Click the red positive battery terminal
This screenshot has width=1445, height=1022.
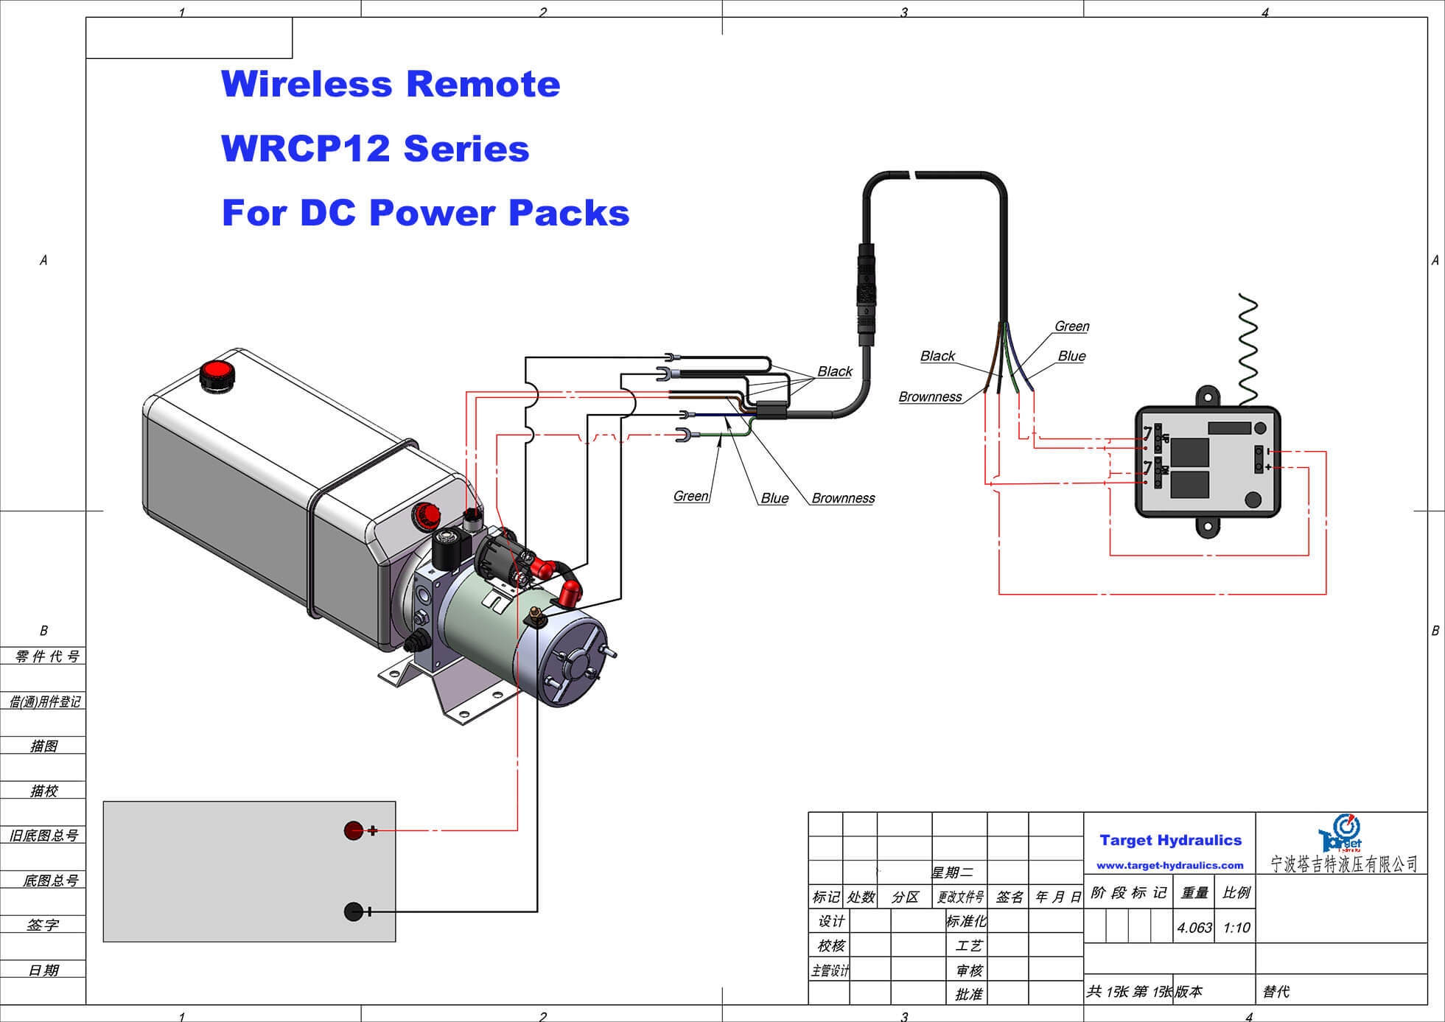[x=354, y=830]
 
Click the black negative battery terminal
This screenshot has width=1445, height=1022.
[x=354, y=911]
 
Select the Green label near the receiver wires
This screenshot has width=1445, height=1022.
[x=1071, y=326]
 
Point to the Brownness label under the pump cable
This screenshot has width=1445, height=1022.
[x=843, y=498]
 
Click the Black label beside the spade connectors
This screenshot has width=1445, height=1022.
[x=834, y=371]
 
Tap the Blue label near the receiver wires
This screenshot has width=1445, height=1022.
[x=1071, y=356]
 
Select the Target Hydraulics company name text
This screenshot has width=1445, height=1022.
[x=1170, y=840]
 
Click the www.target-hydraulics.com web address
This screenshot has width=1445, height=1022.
[x=1169, y=865]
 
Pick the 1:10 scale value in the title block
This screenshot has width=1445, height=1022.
[x=1236, y=928]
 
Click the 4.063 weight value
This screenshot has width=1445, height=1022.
[x=1194, y=928]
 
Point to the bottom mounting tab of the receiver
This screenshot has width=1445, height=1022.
[x=1207, y=527]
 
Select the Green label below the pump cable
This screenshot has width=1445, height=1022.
[x=690, y=496]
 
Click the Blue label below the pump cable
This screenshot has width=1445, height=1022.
[x=774, y=498]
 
